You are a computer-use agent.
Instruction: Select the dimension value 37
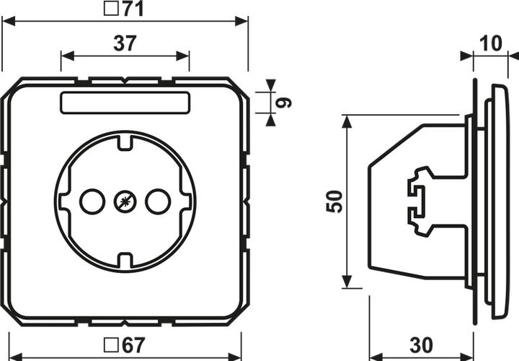pyautogui.click(x=125, y=43)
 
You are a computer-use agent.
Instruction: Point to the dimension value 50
pyautogui.click(x=333, y=201)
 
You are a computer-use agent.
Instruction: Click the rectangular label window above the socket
pyautogui.click(x=125, y=103)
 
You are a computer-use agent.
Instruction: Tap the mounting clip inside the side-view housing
pyautogui.click(x=420, y=201)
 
